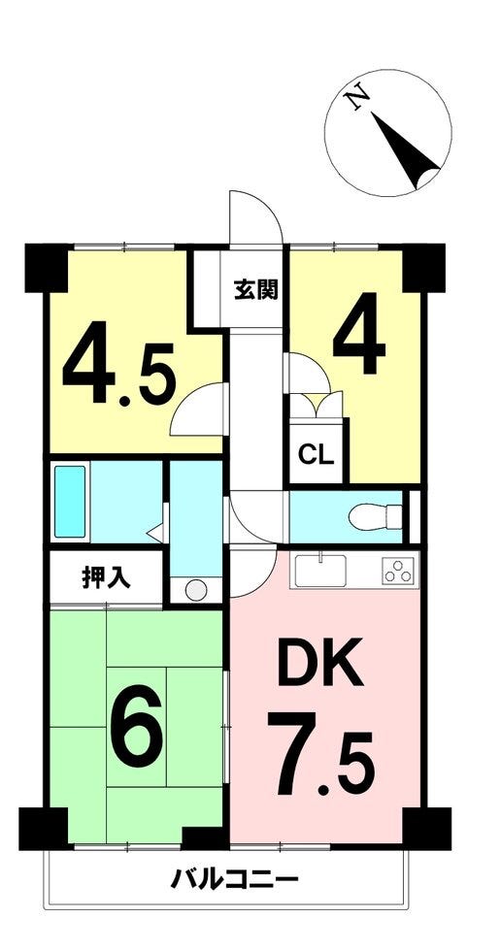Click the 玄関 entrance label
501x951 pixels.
pyautogui.click(x=256, y=290)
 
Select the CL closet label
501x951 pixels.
pyautogui.click(x=316, y=454)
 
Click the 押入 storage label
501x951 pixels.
pyautogui.click(x=106, y=577)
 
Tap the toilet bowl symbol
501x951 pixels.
pyautogui.click(x=375, y=516)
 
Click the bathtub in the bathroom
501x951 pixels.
pyautogui.click(x=70, y=502)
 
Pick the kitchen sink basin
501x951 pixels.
pyautogui.click(x=320, y=571)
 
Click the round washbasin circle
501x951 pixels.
pyautogui.click(x=196, y=591)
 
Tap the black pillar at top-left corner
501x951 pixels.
pyautogui.click(x=46, y=268)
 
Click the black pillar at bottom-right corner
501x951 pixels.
pyautogui.click(x=427, y=829)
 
